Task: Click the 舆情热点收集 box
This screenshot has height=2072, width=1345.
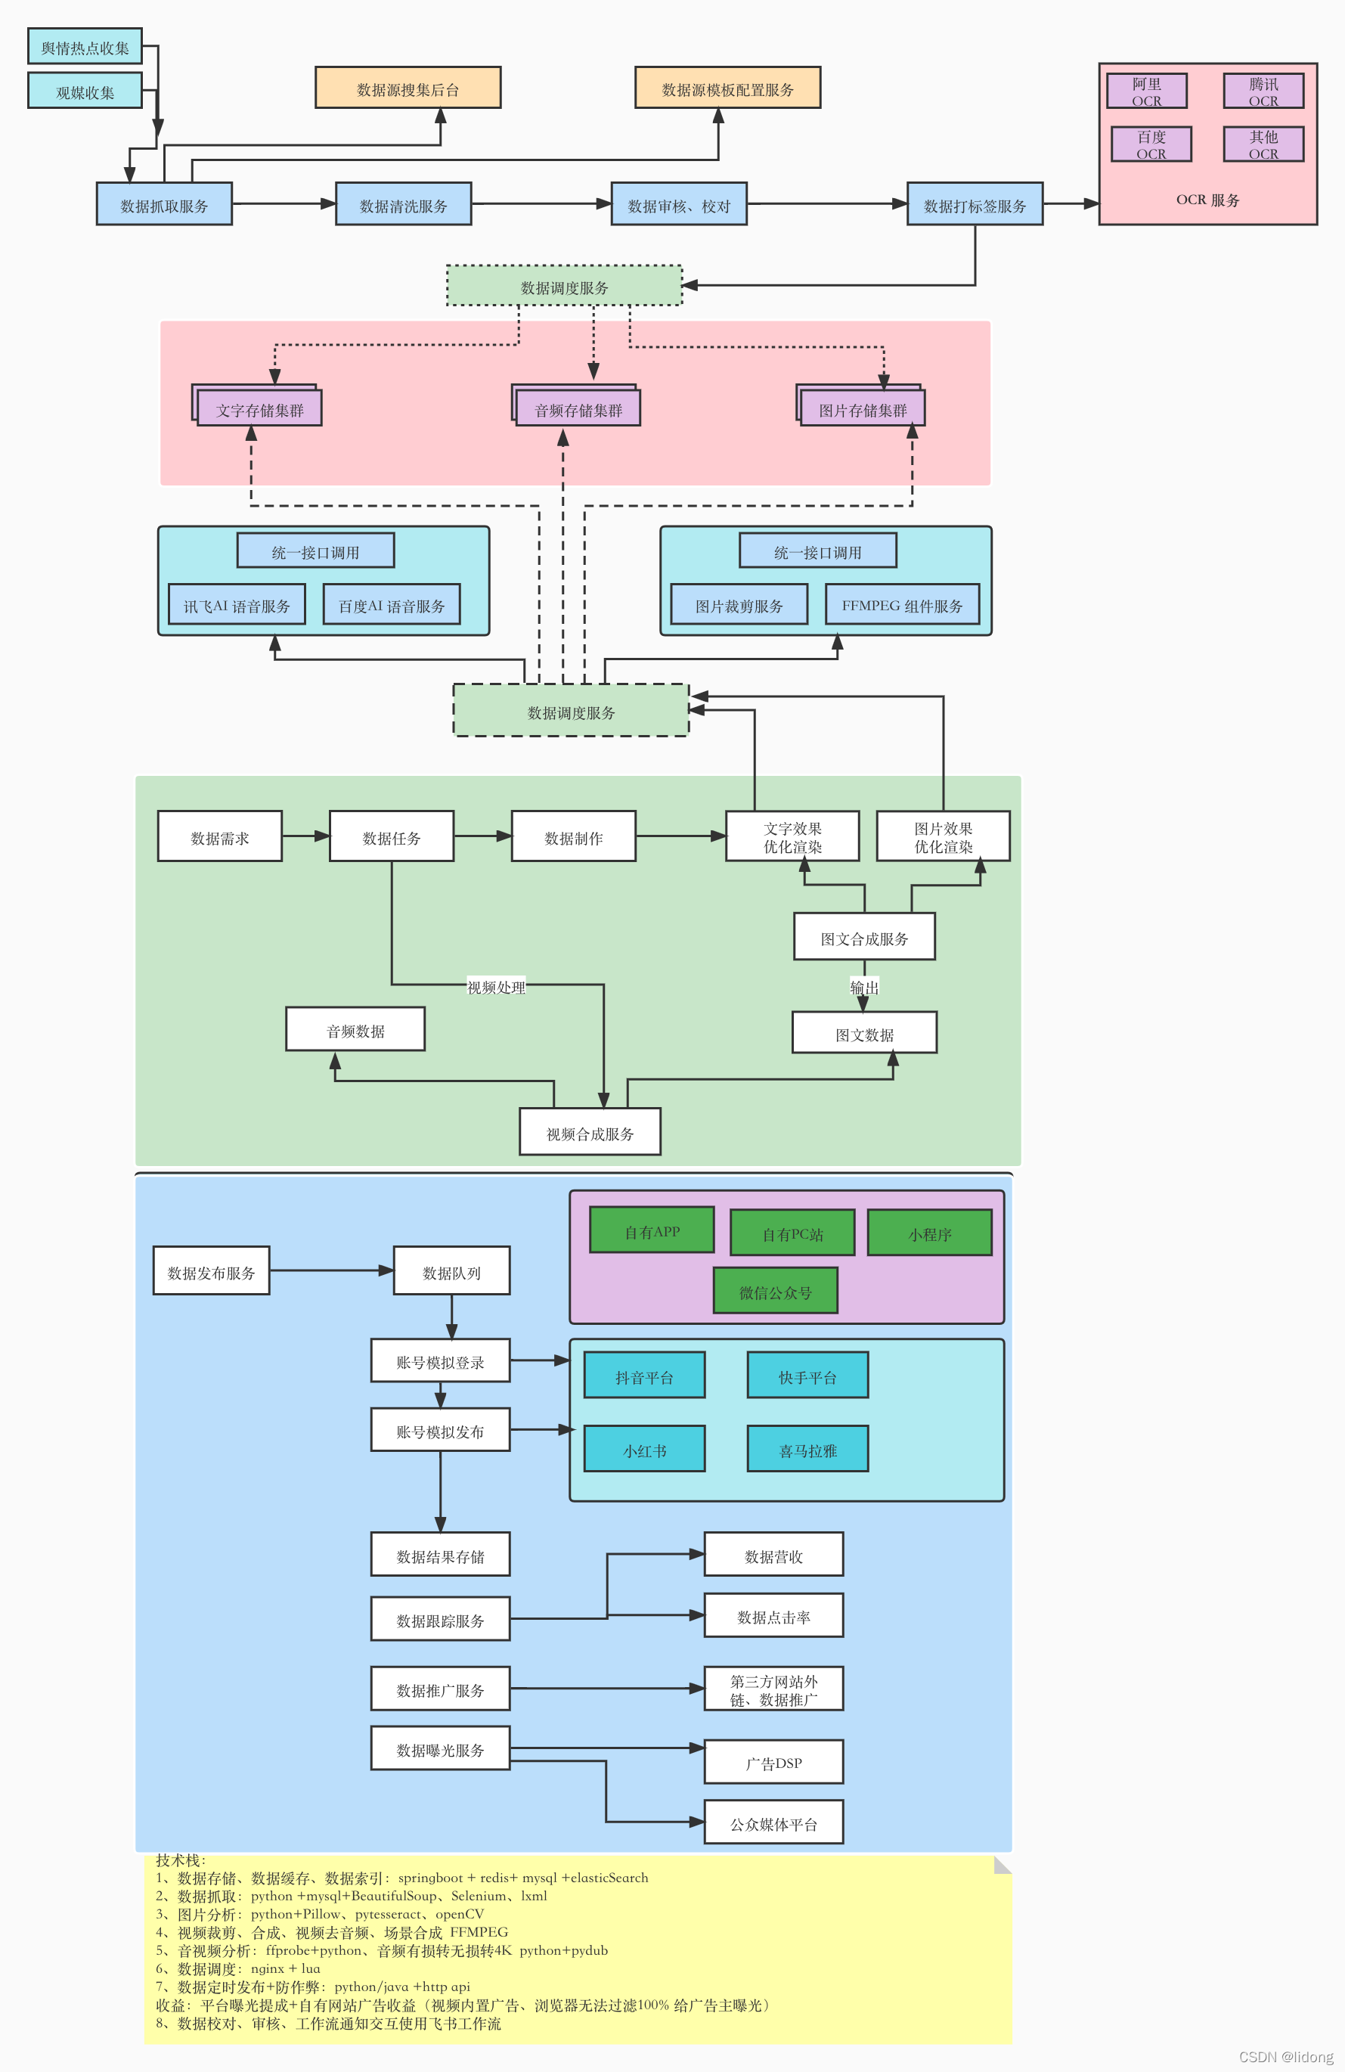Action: (85, 47)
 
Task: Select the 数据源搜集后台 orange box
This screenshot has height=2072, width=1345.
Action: (408, 88)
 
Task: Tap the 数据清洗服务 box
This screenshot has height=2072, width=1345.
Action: (403, 205)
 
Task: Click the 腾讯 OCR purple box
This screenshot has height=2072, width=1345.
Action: (1263, 91)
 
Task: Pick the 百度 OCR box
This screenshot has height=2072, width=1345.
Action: (1151, 144)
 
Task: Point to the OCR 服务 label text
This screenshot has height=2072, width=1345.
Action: (1207, 200)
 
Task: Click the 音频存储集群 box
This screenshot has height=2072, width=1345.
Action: (578, 409)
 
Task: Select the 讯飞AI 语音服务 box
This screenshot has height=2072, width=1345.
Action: (236, 605)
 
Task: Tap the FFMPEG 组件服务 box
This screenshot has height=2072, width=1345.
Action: (902, 605)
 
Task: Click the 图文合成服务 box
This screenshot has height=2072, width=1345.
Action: (863, 938)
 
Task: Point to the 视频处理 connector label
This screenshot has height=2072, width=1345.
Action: (495, 986)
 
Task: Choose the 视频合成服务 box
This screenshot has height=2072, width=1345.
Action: (590, 1133)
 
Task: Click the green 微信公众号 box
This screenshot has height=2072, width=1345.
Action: (775, 1291)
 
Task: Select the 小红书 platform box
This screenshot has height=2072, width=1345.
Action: (644, 1450)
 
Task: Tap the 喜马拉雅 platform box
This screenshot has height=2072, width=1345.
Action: (807, 1450)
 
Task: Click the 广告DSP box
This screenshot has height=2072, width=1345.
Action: (773, 1762)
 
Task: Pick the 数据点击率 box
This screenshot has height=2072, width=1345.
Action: (773, 1616)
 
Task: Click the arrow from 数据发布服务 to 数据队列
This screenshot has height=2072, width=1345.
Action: (331, 1270)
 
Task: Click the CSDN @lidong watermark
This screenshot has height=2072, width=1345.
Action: (1285, 2056)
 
